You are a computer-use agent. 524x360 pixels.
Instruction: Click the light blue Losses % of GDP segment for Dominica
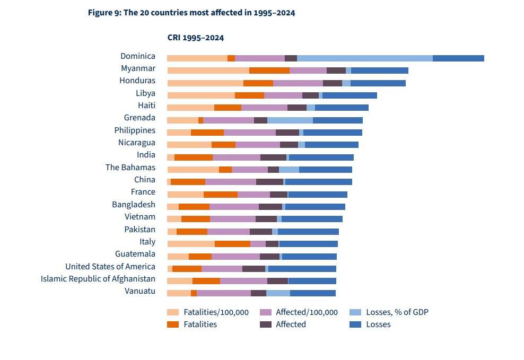click(365, 58)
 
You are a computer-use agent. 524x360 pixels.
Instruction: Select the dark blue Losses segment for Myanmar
click(380, 71)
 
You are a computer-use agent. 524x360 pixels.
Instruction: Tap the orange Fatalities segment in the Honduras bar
click(258, 83)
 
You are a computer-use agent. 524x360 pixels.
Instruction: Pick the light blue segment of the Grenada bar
click(290, 120)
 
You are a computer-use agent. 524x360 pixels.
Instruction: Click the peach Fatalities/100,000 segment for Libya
click(201, 95)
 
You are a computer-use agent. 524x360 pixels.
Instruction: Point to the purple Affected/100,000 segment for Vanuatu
click(224, 293)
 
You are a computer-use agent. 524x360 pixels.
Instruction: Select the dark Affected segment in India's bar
click(273, 157)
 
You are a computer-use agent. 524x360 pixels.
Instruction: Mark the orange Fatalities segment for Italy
click(232, 244)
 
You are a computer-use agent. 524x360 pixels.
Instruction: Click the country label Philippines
click(135, 130)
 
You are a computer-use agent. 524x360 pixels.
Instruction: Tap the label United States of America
click(110, 267)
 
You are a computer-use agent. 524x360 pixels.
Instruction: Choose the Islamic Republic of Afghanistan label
click(98, 279)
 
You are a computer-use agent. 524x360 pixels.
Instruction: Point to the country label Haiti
click(146, 106)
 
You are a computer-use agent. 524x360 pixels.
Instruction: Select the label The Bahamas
click(130, 168)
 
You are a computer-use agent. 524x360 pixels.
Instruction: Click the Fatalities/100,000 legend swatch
click(173, 312)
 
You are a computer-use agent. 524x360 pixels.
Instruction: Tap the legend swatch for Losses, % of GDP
click(356, 312)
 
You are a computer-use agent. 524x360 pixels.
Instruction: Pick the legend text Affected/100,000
click(307, 312)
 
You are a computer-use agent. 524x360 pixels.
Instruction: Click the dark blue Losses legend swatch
click(356, 324)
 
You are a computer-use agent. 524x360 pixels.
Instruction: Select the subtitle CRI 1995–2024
click(196, 38)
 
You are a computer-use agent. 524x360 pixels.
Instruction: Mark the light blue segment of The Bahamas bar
click(289, 170)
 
